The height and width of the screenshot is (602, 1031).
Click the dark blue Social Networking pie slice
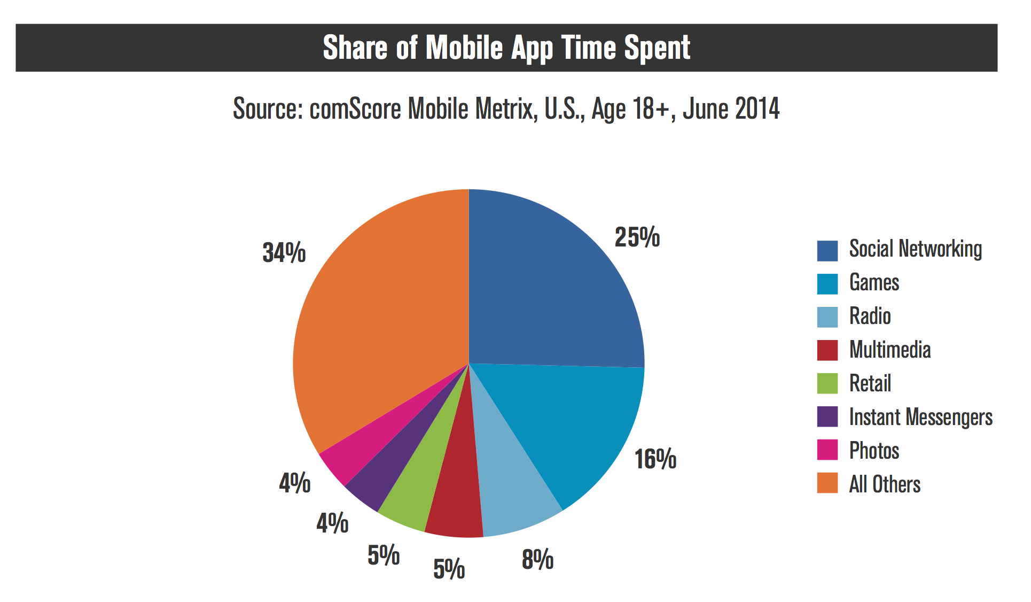coord(550,283)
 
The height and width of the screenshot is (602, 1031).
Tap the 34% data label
coord(284,252)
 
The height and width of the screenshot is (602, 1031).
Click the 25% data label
coord(637,237)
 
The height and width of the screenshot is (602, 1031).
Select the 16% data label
coord(655,459)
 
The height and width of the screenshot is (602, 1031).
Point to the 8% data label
coord(537,560)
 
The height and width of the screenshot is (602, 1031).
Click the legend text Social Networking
coord(915,249)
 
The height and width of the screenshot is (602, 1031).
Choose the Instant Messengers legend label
coord(920,417)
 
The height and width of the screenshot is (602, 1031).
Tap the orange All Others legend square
coord(827,483)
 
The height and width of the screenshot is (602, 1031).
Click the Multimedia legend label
coord(890,350)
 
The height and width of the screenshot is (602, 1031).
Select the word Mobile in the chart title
coord(464,48)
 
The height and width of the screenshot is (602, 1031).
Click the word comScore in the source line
coord(355,109)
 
